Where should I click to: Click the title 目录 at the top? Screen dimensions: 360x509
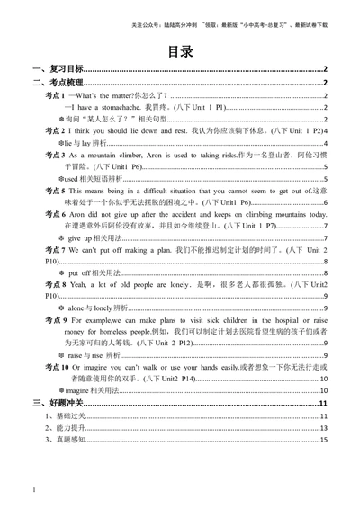180,50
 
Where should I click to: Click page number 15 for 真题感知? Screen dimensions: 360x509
323,441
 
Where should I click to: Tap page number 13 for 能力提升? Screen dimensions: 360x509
323,429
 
